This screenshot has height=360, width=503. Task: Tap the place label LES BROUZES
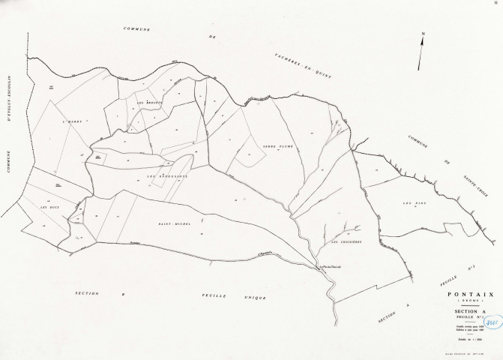click(x=149, y=102)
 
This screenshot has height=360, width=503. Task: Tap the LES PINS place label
click(x=413, y=203)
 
